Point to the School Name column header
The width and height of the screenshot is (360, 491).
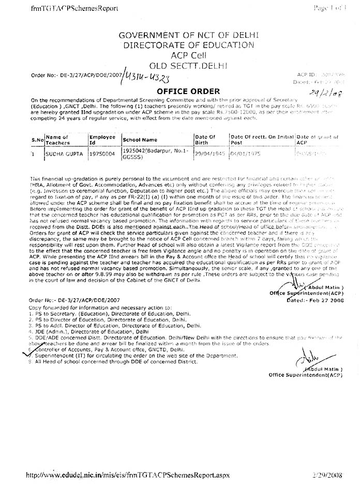(x=140, y=140)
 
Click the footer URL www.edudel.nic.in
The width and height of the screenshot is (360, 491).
(x=127, y=474)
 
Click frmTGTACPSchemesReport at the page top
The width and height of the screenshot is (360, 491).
(x=67, y=8)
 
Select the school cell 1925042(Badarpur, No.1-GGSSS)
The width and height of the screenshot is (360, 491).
(x=147, y=154)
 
